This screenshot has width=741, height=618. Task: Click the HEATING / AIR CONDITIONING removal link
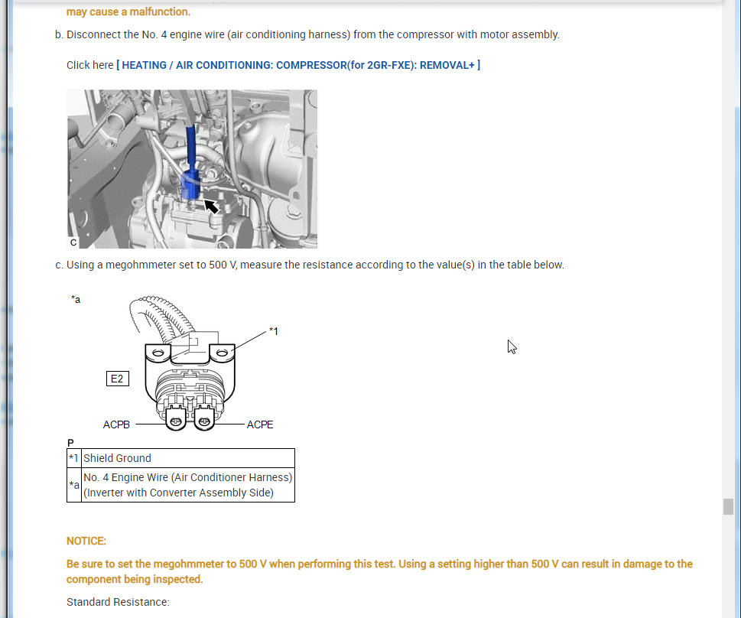(298, 65)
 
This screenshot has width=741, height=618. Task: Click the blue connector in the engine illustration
(190, 184)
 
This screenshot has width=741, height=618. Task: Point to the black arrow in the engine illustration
(211, 207)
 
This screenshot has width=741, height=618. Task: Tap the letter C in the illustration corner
(73, 242)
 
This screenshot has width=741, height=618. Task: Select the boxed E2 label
(117, 379)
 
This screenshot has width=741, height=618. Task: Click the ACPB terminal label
(116, 424)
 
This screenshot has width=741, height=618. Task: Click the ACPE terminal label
(260, 424)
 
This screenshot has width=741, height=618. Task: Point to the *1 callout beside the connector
(274, 331)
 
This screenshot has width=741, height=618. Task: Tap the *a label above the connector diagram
(76, 299)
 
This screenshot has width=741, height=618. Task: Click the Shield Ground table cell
(188, 458)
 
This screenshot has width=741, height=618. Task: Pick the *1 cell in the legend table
(73, 458)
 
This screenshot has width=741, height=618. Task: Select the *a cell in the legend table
(73, 485)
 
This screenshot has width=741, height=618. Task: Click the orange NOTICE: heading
(86, 541)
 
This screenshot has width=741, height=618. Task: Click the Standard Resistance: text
(118, 602)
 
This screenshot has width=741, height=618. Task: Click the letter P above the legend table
(70, 443)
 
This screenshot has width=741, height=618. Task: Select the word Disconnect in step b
(93, 34)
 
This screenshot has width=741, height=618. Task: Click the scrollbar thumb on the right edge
(728, 506)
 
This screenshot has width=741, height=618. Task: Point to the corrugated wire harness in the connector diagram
(161, 317)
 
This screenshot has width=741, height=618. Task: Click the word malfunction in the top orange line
(160, 11)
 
